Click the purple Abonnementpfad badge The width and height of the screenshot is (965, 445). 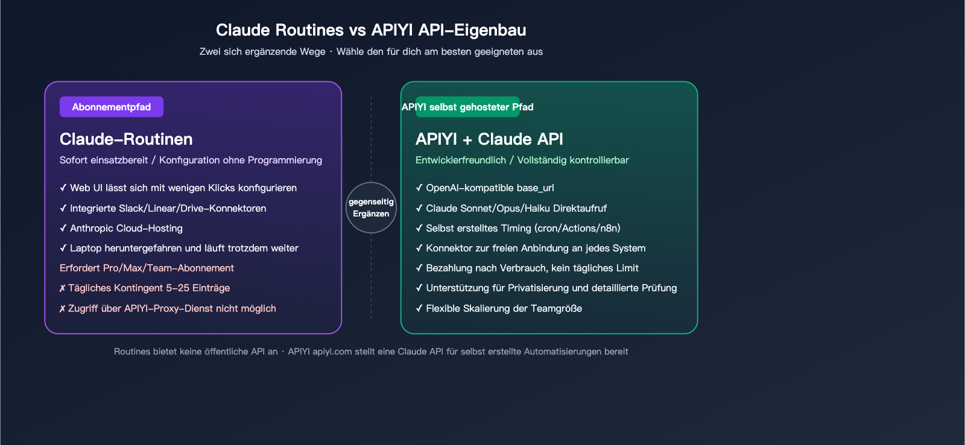[x=112, y=107]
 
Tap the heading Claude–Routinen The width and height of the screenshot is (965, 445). [x=126, y=139]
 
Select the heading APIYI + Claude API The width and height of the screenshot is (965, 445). [x=489, y=139]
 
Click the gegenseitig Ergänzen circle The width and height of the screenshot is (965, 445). [x=371, y=207]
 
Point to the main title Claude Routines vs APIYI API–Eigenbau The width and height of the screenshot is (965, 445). [x=371, y=30]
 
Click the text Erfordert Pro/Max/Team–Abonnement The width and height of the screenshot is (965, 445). [x=147, y=268]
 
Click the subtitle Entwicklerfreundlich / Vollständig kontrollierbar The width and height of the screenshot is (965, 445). [x=522, y=160]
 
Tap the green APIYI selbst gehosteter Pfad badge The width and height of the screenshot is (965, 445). [x=467, y=107]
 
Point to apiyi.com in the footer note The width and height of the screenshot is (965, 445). [x=332, y=352]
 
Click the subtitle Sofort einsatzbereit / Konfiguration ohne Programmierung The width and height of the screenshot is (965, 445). [x=191, y=160]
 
